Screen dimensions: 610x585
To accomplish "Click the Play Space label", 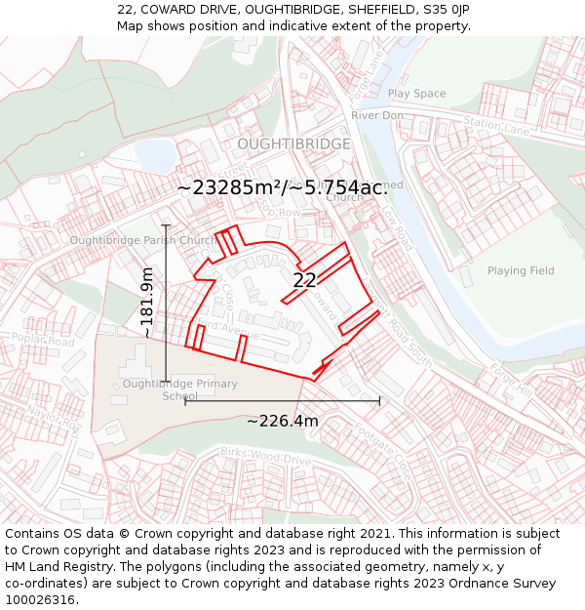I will [x=416, y=94].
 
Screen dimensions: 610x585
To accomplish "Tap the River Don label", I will [x=377, y=115].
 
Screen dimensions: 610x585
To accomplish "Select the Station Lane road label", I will [x=496, y=125].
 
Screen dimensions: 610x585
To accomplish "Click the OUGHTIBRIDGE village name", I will [x=292, y=143].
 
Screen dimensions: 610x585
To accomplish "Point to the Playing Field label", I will [x=521, y=270].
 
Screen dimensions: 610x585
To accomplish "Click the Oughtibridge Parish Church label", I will [x=143, y=240].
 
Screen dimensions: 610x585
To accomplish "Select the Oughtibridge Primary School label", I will [x=179, y=389].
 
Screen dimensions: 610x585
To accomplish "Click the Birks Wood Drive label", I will [x=265, y=457].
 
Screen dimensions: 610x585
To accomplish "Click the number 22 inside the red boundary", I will [x=304, y=280].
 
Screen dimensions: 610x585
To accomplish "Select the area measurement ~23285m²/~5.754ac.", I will [x=283, y=187].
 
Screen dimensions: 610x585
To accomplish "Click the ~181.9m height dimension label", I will [x=146, y=303].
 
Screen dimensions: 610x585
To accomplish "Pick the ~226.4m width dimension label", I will [x=282, y=421].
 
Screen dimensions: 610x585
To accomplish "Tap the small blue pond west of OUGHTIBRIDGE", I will [x=154, y=154].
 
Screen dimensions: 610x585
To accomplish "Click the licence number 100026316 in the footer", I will [x=42, y=600].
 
